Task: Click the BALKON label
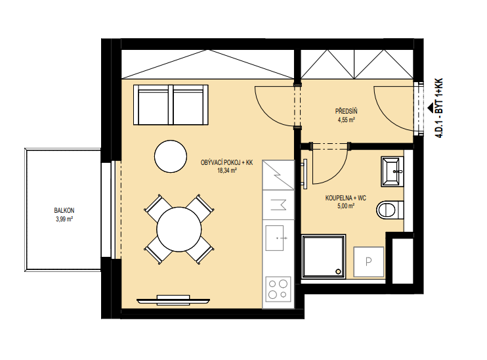pyautogui.click(x=64, y=211)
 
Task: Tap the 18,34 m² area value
pyautogui.click(x=227, y=170)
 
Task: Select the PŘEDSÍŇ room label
pyautogui.click(x=347, y=111)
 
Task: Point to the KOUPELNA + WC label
pyautogui.click(x=346, y=198)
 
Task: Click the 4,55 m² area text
pyautogui.click(x=347, y=120)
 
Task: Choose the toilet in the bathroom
pyautogui.click(x=390, y=210)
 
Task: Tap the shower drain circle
pyautogui.click(x=338, y=272)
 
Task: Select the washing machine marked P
pyautogui.click(x=369, y=261)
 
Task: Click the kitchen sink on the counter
pyautogui.click(x=275, y=238)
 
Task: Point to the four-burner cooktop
pyautogui.click(x=278, y=289)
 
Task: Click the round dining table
pyautogui.click(x=179, y=229)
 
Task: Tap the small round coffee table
pyautogui.click(x=171, y=156)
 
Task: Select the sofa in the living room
pyautogui.click(x=171, y=104)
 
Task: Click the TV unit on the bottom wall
pyautogui.click(x=173, y=300)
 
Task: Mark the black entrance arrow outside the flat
pyautogui.click(x=431, y=108)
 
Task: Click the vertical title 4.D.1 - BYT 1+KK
pyautogui.click(x=438, y=108)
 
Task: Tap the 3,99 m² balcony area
pyautogui.click(x=64, y=219)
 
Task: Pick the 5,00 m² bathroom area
pyautogui.click(x=346, y=206)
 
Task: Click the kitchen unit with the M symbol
pyautogui.click(x=278, y=205)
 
